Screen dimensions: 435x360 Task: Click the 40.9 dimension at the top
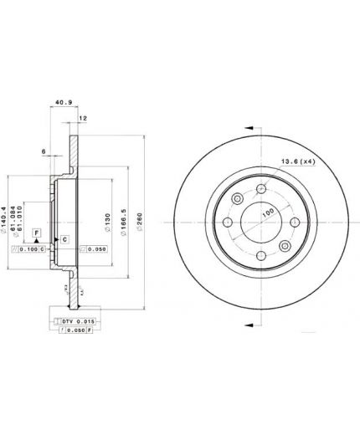pyautogui.click(x=63, y=105)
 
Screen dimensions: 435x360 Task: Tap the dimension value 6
pyautogui.click(x=43, y=151)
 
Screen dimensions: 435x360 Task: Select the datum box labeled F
pyautogui.click(x=36, y=231)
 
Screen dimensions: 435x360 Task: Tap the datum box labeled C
pyautogui.click(x=64, y=240)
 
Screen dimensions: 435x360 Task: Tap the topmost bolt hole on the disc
pyautogui.click(x=237, y=198)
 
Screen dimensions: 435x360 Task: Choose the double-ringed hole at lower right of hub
pyautogui.click(x=284, y=246)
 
